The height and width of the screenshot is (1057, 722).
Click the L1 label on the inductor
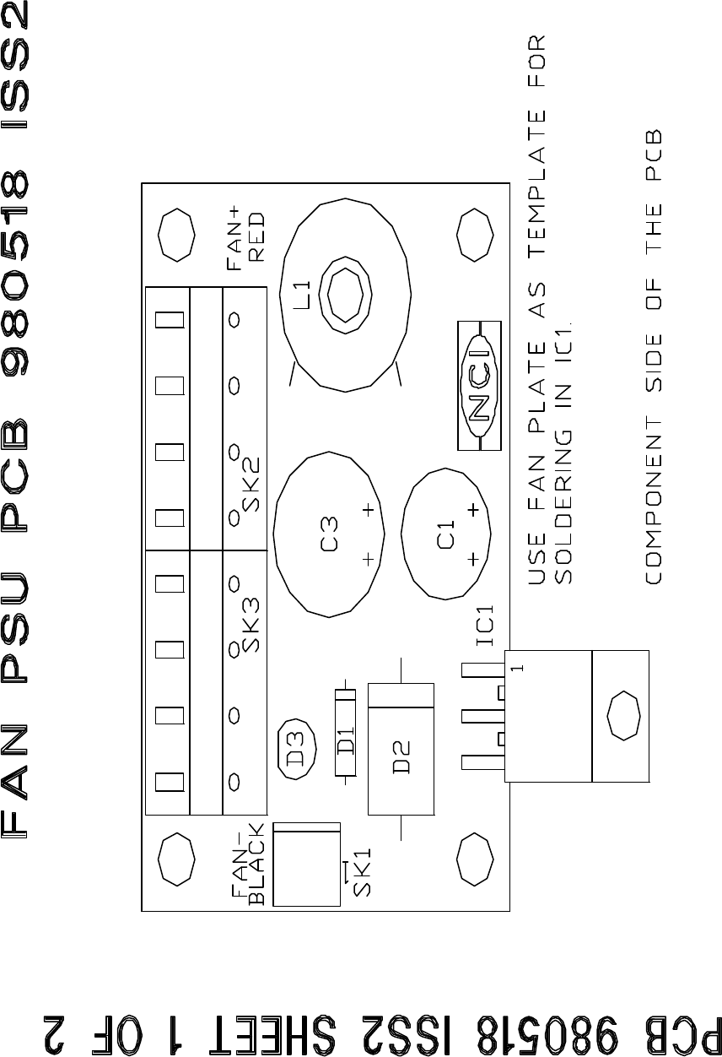pos(302,295)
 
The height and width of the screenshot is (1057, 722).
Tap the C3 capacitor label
pos(329,534)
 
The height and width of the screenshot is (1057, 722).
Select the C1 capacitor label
pos(446,534)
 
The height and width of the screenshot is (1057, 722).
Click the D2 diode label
pos(401,757)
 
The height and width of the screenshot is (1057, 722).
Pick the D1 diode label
pos(346,741)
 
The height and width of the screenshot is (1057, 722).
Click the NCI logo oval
pos(479,386)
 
